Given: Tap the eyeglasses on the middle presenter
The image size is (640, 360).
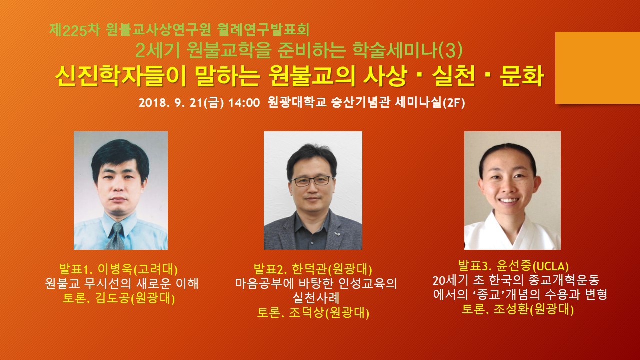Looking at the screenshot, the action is [312, 181].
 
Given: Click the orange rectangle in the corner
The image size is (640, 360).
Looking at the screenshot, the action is [597, 68].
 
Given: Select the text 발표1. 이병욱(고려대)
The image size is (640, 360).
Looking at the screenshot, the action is [118, 269].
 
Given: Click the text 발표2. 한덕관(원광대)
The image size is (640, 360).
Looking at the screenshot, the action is [313, 269].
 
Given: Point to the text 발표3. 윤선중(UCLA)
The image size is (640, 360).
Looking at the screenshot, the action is [513, 266].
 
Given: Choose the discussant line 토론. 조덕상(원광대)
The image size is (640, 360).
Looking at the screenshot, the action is [313, 313].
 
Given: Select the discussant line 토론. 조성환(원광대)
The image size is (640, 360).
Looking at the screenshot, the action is [518, 309].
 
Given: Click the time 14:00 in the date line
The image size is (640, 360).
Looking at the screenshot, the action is [244, 103].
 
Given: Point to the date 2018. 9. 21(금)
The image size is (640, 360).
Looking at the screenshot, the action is [181, 103].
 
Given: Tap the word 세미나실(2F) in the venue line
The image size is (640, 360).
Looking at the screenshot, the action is [429, 103].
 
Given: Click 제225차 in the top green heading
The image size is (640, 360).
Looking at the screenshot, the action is [75, 30].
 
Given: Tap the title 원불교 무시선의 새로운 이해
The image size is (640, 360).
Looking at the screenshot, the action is [122, 283].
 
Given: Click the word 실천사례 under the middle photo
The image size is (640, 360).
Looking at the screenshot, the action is [316, 298].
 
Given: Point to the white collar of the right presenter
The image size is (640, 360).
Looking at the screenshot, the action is [513, 233].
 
